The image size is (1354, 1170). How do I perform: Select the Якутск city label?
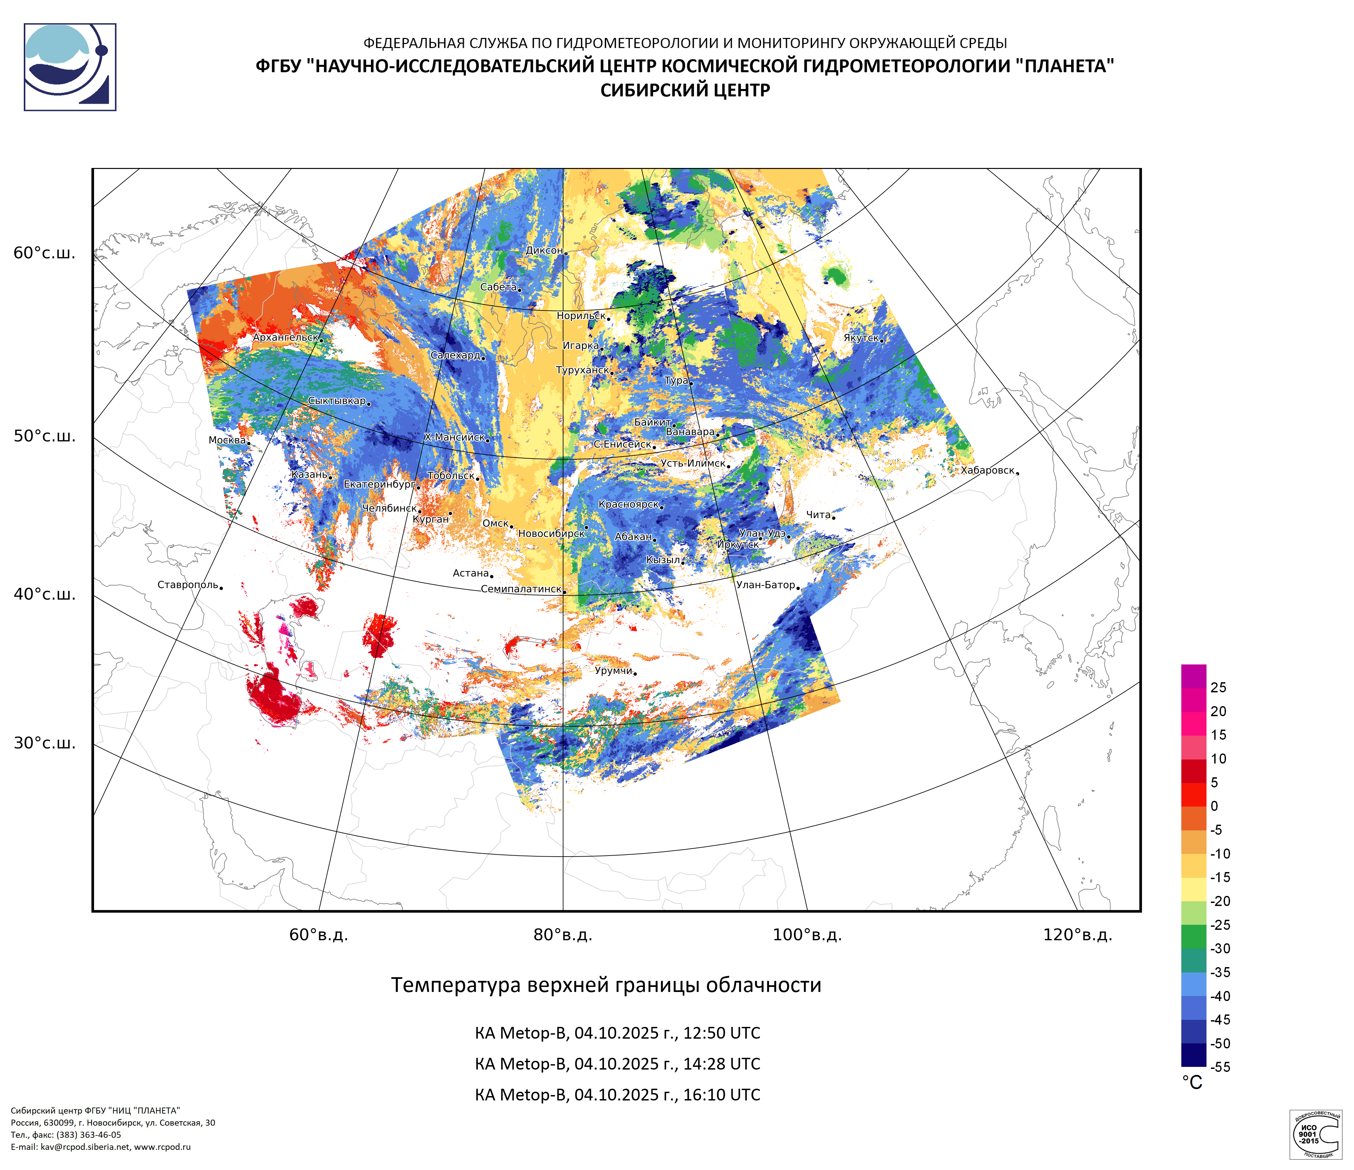tap(861, 338)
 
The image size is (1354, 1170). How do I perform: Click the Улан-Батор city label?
tap(765, 585)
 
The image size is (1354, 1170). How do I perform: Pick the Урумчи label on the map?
tap(613, 670)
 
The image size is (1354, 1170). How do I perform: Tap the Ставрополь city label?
tap(187, 585)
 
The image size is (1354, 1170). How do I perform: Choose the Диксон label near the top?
tap(544, 250)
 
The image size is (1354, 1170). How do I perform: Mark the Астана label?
tap(470, 573)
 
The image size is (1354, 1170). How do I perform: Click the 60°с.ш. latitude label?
tap(44, 253)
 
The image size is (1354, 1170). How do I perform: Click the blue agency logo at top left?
tap(70, 67)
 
